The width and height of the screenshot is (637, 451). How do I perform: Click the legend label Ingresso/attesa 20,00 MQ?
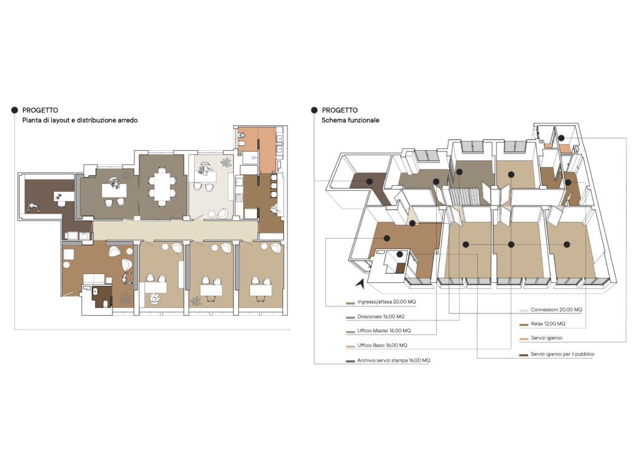(x=386, y=301)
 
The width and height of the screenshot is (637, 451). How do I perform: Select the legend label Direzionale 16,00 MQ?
(x=381, y=316)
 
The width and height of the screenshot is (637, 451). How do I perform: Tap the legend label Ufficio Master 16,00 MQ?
(x=384, y=331)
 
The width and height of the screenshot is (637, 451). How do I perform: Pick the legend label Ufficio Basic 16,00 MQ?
(x=382, y=345)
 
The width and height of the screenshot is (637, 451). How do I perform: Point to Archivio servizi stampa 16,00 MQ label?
(x=394, y=360)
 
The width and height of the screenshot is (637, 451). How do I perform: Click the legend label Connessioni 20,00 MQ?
(x=556, y=310)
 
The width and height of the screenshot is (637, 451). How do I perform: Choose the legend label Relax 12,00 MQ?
(x=547, y=324)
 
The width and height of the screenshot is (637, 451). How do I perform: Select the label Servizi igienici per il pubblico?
(x=562, y=354)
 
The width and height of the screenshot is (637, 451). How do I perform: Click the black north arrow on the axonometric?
(x=360, y=283)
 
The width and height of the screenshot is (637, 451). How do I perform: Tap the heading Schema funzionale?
(x=350, y=120)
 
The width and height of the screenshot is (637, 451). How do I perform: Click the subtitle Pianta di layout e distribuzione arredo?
(x=80, y=120)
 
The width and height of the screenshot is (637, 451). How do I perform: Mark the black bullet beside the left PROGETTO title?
(x=15, y=110)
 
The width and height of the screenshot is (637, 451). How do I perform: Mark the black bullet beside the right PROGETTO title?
(x=314, y=110)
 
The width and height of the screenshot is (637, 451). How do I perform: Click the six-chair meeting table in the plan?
(x=162, y=187)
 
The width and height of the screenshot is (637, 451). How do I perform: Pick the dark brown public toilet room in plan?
(x=101, y=296)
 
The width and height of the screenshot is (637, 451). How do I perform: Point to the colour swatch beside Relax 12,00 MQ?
(x=523, y=325)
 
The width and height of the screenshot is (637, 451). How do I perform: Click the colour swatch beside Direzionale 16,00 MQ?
(x=350, y=317)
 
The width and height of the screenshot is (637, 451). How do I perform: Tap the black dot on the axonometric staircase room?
(x=459, y=172)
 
